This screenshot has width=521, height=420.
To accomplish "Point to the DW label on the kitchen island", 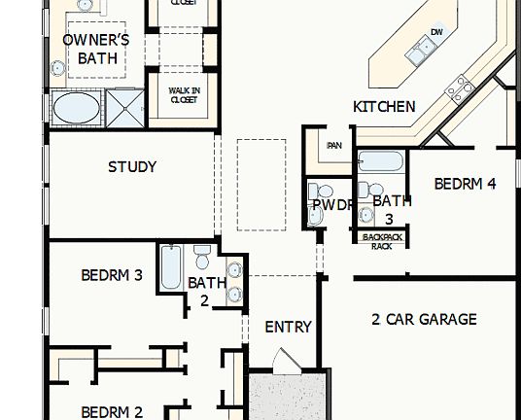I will point(435,33).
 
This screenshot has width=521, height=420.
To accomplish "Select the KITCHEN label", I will point(384,107).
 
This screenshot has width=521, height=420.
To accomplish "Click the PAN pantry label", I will point(334,146).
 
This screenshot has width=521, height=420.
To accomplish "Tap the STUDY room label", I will point(132,166).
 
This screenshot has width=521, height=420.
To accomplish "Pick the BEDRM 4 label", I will point(465,183).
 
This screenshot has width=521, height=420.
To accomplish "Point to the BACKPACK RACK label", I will point(382,241).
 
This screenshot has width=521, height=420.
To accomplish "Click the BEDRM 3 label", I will point(112,275).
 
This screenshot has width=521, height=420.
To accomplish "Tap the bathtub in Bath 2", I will point(170,266).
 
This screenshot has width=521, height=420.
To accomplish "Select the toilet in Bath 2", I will point(202,259).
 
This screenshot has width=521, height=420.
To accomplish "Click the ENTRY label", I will point(288,327).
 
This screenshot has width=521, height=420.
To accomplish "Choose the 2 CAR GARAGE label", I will point(424,318).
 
